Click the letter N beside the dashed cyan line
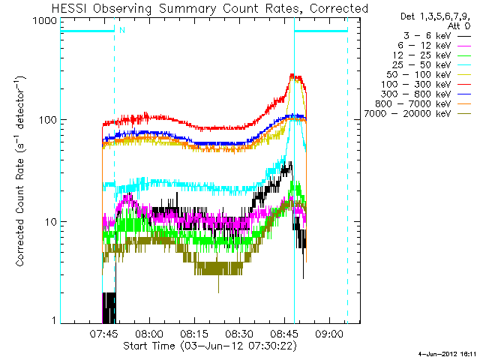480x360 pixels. [121, 31]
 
